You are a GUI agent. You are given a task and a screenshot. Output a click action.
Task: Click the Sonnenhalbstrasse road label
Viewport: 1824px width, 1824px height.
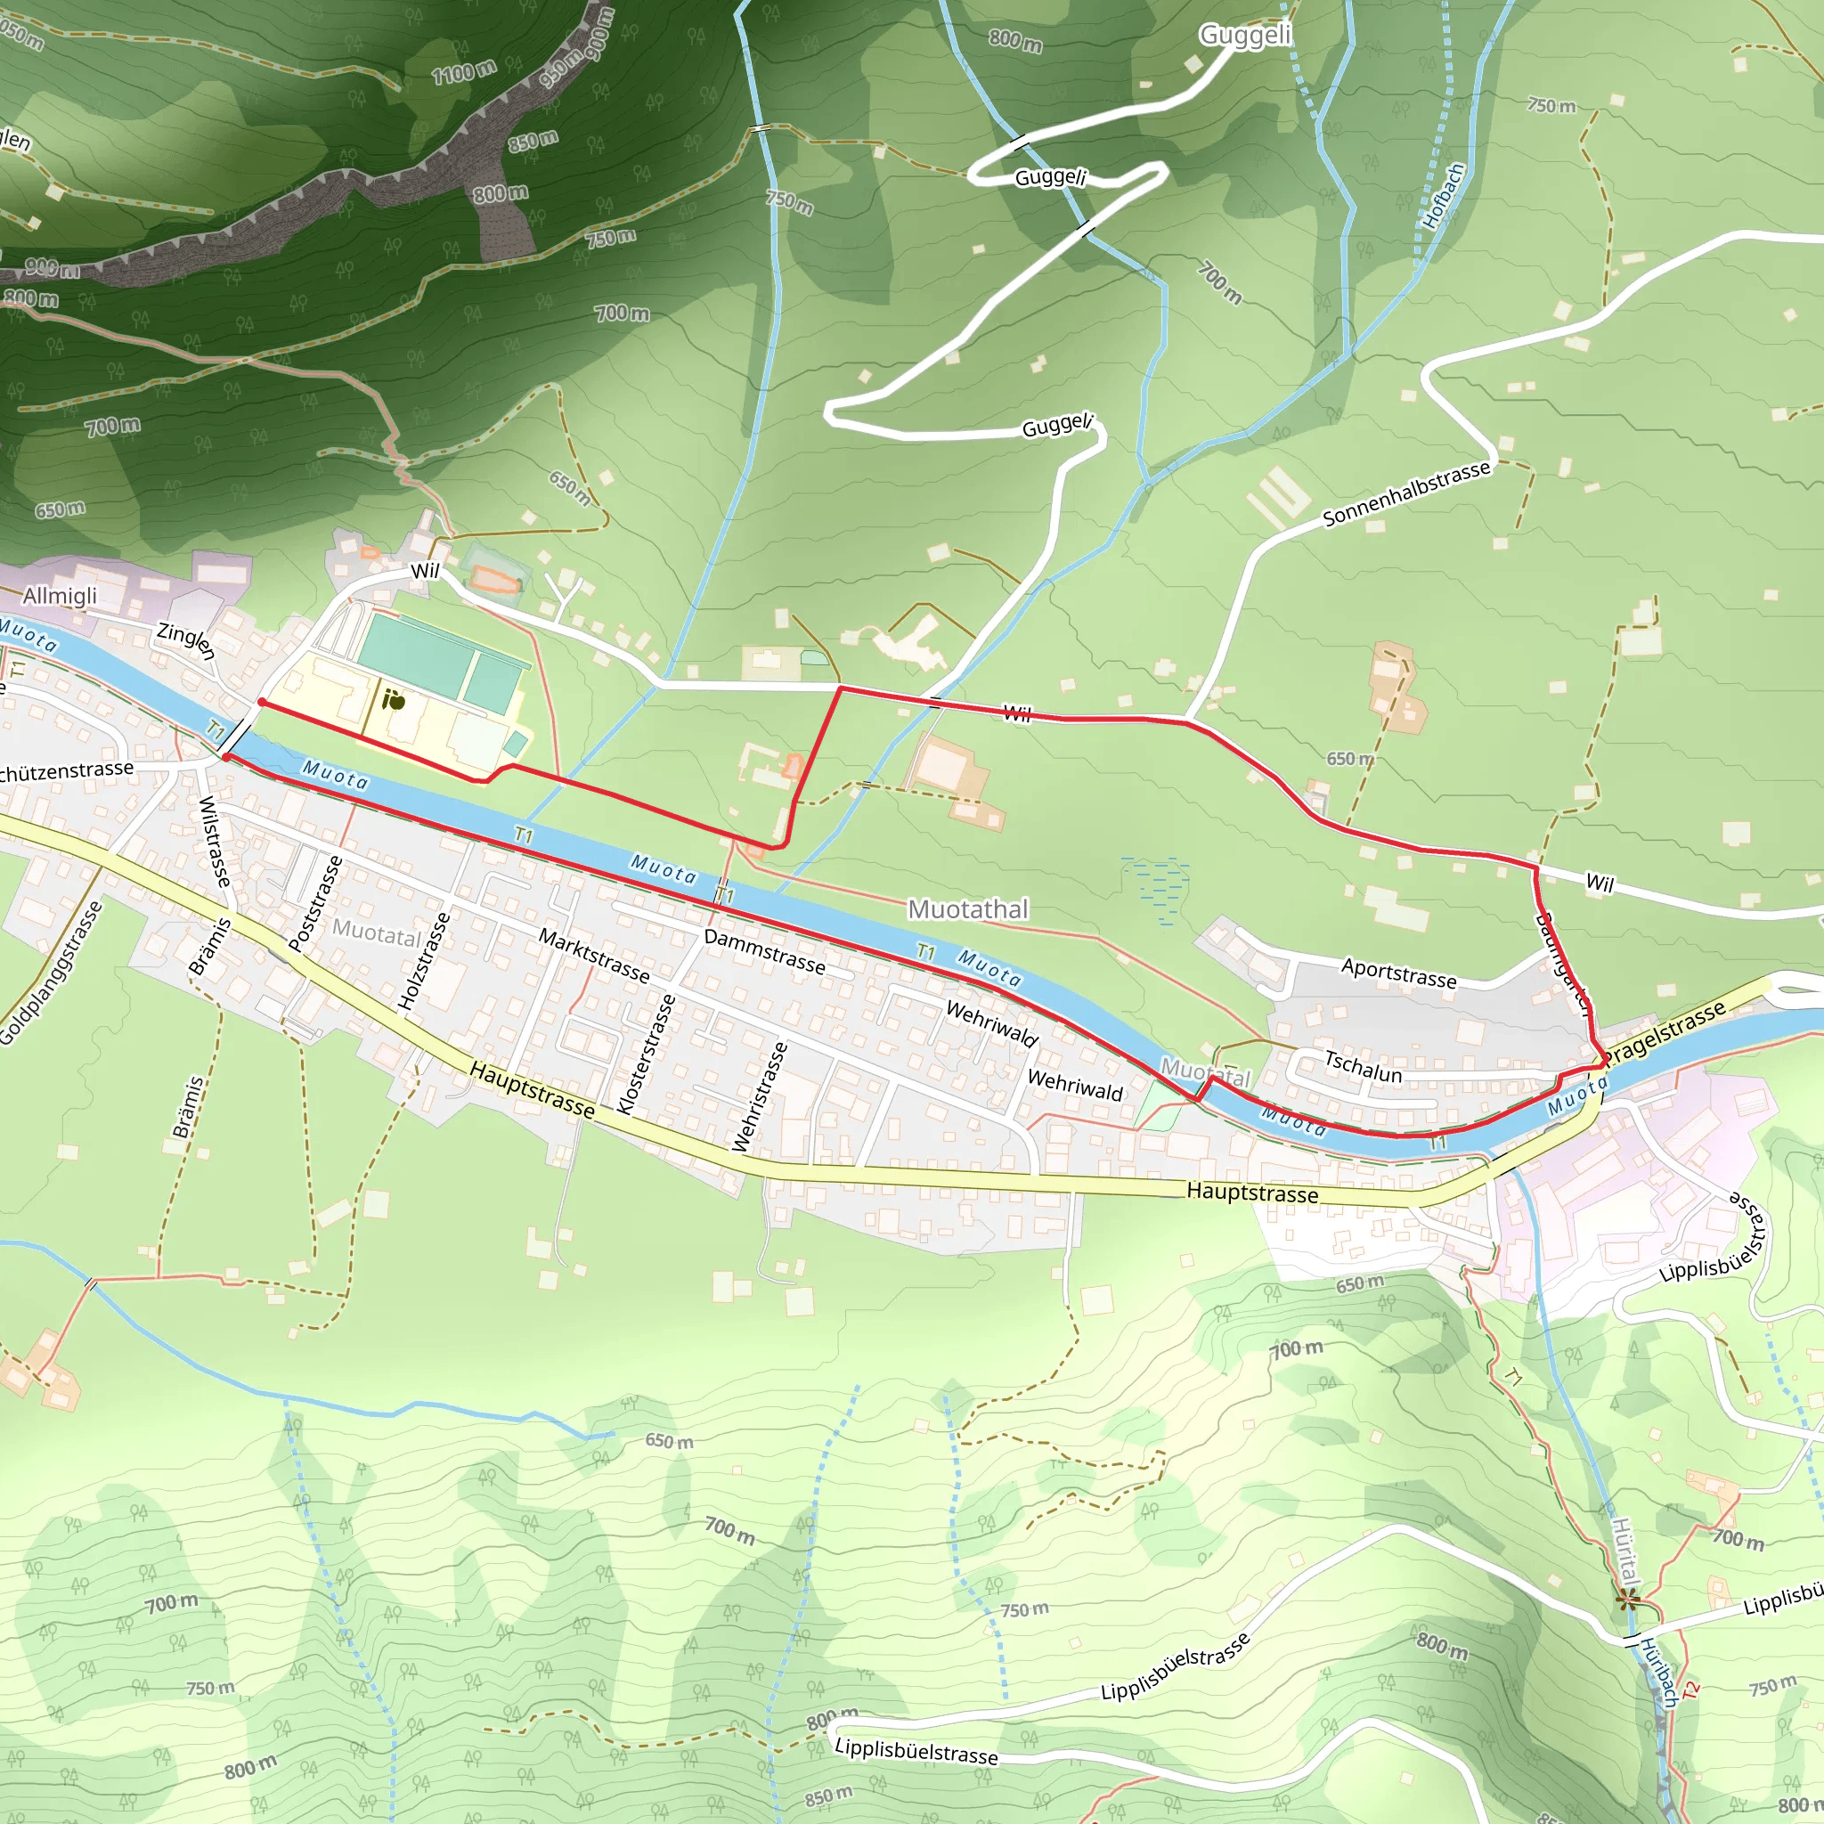[1405, 493]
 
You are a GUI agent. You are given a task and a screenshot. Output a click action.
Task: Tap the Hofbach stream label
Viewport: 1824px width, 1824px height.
[1444, 195]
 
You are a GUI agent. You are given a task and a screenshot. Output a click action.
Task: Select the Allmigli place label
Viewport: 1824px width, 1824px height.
[60, 596]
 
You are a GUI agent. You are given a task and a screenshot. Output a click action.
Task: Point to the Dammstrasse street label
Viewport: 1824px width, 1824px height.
[764, 952]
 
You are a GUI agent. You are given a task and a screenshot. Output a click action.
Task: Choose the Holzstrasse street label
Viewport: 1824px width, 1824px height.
[424, 961]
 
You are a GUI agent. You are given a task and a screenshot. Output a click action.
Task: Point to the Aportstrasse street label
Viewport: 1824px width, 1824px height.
[1398, 973]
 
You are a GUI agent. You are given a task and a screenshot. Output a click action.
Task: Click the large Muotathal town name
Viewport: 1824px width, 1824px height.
[968, 909]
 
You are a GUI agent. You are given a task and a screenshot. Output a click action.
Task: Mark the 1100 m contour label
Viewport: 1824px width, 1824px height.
[463, 72]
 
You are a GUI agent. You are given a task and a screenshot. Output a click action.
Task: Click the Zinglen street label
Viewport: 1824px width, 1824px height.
[186, 641]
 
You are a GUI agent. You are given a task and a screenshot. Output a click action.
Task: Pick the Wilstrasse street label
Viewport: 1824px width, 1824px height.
[215, 841]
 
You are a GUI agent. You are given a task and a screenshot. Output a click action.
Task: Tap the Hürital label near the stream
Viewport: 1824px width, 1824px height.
[1624, 1553]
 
